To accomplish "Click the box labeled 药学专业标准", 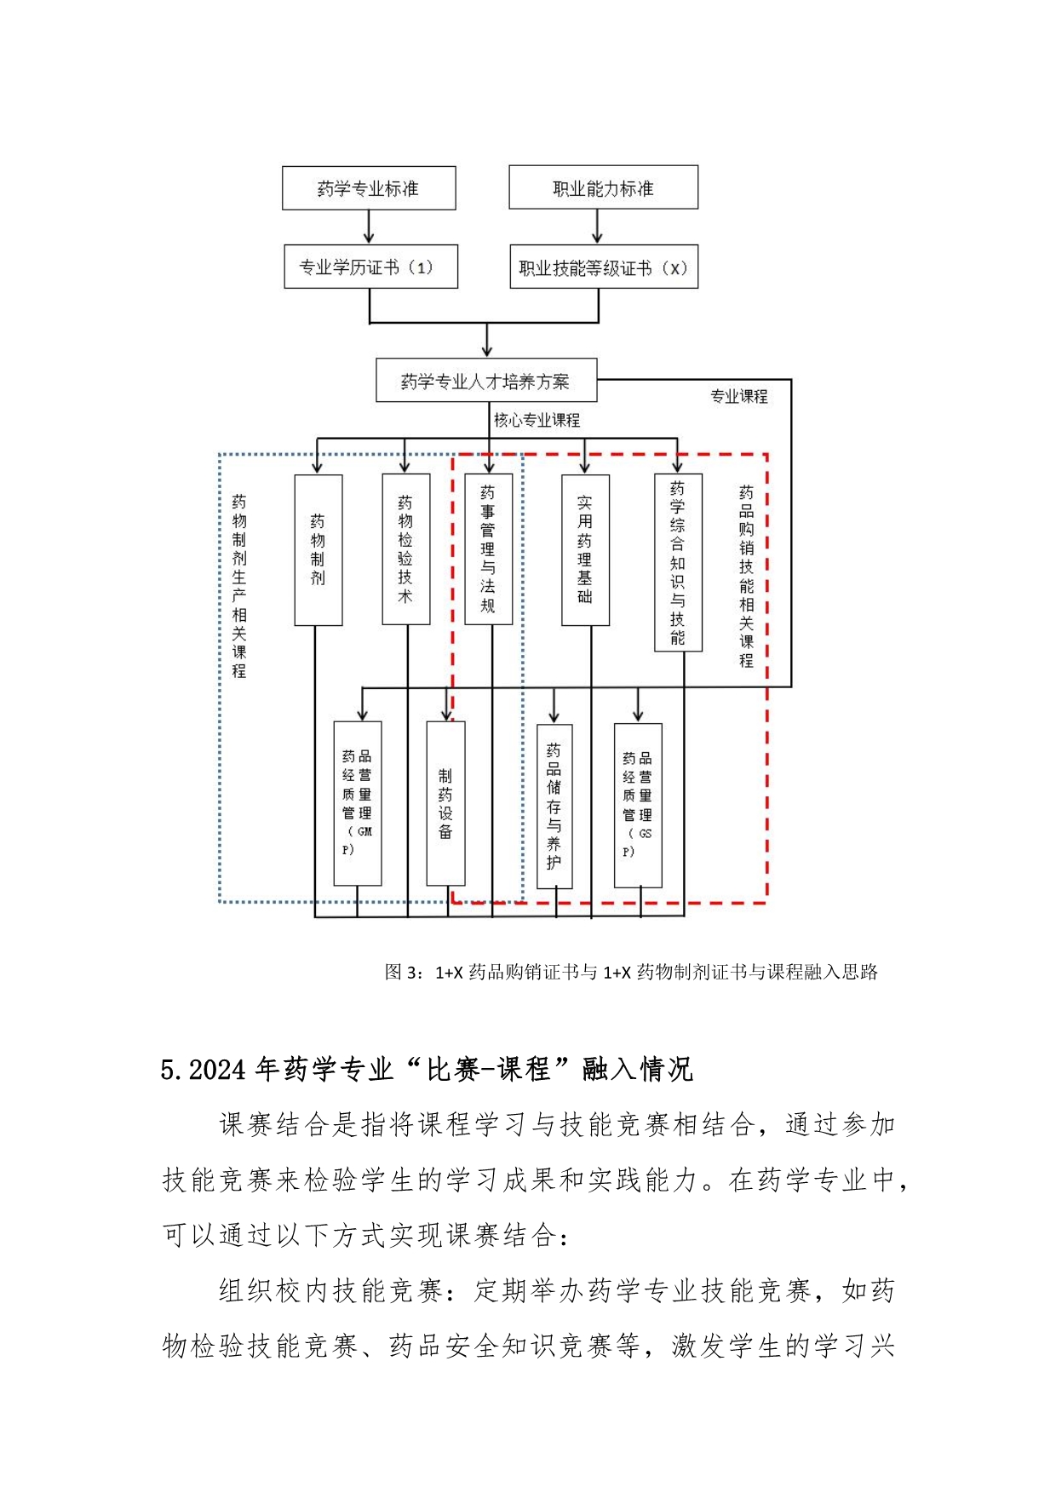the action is pos(369,188).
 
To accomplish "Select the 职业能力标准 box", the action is pos(603,187).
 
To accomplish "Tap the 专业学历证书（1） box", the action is pos(370,267).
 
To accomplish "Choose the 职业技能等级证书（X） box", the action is pos(604,267).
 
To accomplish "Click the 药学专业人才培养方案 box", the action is pos(486,380).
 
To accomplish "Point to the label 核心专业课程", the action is pos(537,420).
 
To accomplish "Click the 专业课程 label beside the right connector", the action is pos(739,396).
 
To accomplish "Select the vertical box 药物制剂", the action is pos(319,550).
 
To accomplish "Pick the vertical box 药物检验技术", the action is pos(406,549).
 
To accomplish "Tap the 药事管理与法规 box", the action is pos(489,549).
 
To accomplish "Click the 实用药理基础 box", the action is pos(585,550).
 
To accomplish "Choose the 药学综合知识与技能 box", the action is pos(678,562).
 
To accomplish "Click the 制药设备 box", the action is pos(445,803).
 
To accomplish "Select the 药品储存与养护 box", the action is pos(554,807).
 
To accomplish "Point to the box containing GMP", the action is pos(358,803).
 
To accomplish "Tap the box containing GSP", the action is pos(638,806).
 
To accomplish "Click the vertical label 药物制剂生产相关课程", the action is pos(239,586).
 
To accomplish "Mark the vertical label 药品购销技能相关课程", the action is pos(746,577).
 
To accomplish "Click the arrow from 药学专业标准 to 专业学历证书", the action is pos(369,227).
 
